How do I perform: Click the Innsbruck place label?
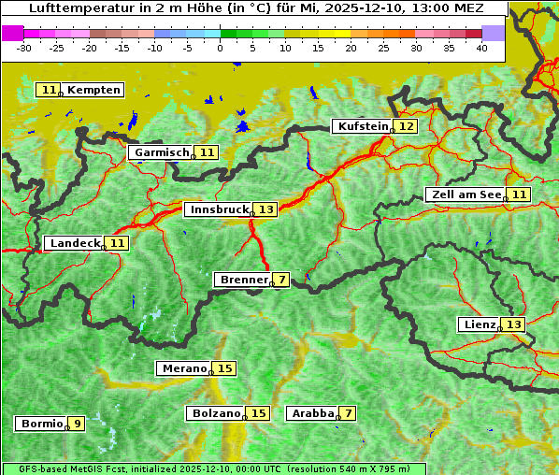[218, 209]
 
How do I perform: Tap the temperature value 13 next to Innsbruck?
[266, 209]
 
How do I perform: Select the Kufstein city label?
[362, 126]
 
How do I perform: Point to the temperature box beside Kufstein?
[406, 126]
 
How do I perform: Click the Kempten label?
[93, 90]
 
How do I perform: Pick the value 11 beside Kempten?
[49, 90]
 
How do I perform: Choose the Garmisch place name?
[160, 152]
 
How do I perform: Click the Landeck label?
[74, 243]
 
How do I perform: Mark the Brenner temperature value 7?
[281, 279]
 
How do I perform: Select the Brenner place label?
[243, 279]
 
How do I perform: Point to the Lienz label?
[478, 324]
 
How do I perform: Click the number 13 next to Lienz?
[513, 324]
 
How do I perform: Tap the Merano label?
[183, 368]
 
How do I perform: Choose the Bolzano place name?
[216, 412]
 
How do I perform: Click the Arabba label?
[312, 412]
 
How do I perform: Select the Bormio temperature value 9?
[77, 424]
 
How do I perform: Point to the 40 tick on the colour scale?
[481, 48]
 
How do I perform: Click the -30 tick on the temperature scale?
[23, 48]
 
